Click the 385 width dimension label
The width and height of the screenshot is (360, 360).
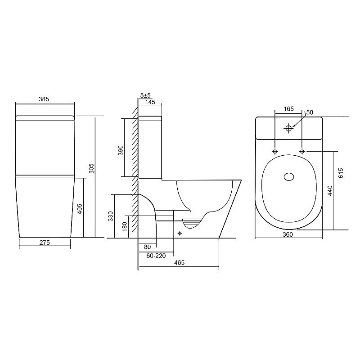point(44,99)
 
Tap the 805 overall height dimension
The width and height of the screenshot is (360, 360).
point(91,168)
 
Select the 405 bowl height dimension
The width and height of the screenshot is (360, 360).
point(80,209)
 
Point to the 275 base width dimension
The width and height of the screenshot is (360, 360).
point(45,243)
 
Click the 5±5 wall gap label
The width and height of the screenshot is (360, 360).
point(145,95)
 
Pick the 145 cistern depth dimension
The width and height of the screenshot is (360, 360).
point(150,102)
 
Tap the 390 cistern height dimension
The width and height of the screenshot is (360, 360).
point(121,150)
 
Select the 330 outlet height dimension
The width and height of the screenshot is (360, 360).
point(111,216)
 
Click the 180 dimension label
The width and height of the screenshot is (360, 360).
point(125,227)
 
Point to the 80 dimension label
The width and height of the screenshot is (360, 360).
point(148,247)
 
